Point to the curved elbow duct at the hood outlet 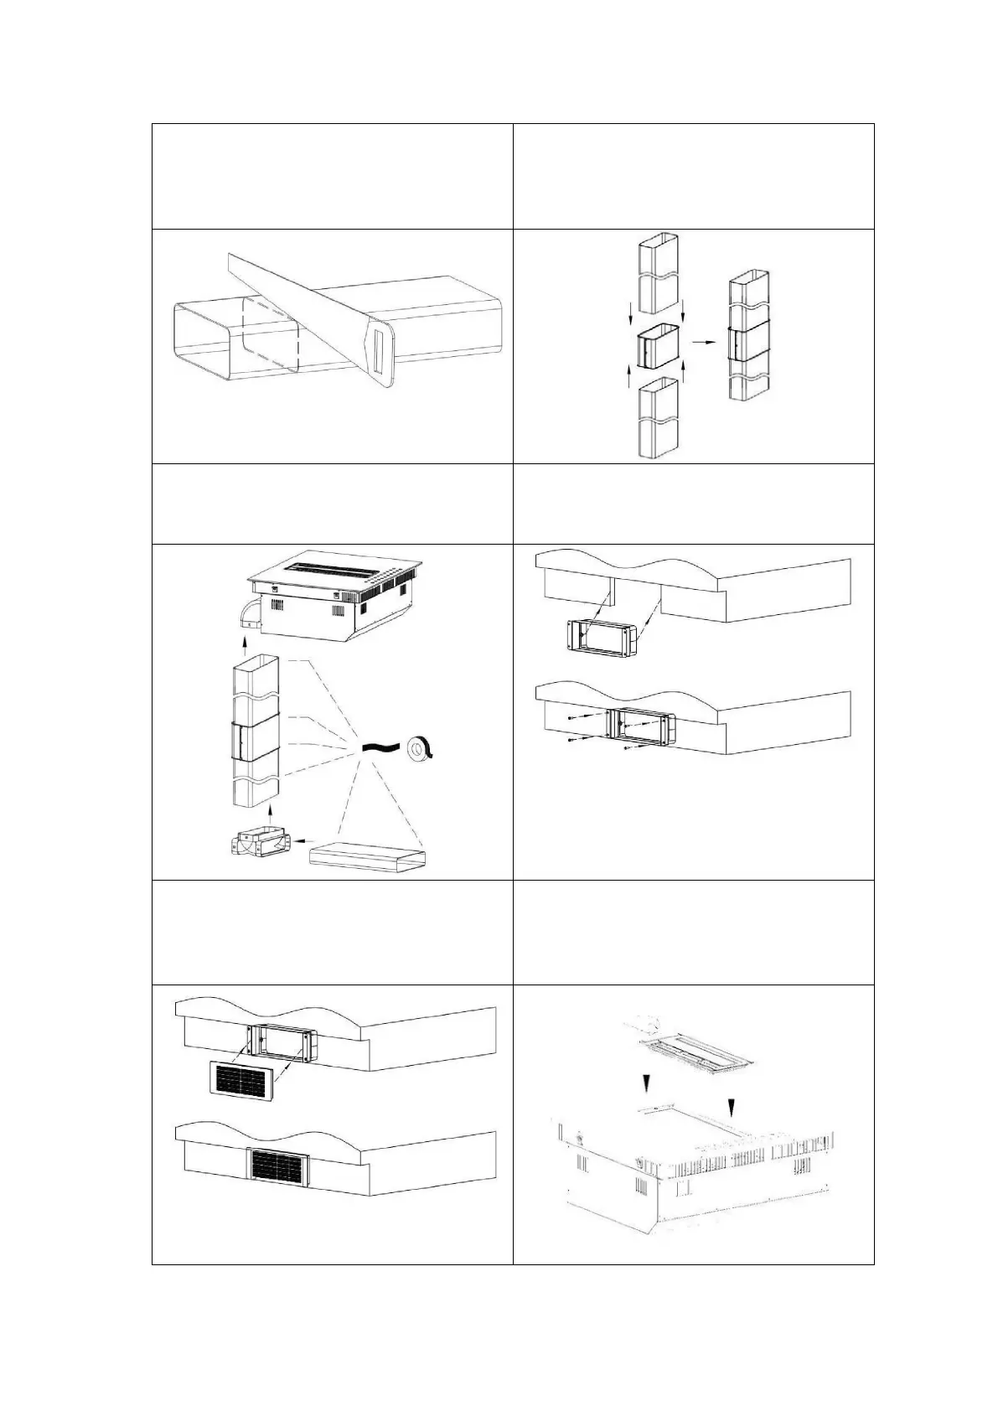(x=249, y=621)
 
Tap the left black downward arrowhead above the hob (x=645, y=1085)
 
